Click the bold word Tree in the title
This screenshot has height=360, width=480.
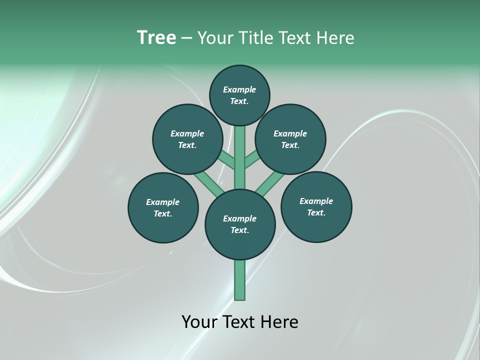point(156,38)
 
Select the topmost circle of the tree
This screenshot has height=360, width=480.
point(239,95)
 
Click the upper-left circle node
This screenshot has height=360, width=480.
point(187,139)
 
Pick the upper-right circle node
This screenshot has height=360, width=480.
point(290,139)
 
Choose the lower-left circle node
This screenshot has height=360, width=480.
point(163,207)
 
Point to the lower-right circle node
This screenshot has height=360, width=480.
point(316,206)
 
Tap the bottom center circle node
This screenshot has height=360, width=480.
point(240,224)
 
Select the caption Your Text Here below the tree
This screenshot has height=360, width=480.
point(240,322)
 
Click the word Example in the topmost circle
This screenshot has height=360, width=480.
point(239,89)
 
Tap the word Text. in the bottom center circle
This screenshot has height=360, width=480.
point(240,230)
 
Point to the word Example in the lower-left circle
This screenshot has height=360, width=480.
point(162,202)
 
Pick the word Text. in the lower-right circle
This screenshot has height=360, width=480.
point(316,212)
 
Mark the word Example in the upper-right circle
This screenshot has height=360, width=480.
point(290,133)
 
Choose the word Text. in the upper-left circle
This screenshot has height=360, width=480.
point(187,145)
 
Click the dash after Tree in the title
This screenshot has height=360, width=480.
point(186,38)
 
